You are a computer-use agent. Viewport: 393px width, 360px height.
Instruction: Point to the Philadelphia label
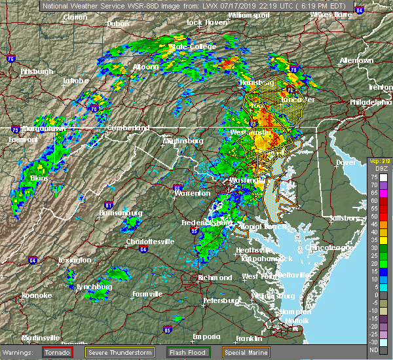(x=370, y=103)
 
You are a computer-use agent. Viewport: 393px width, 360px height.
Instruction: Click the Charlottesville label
(x=149, y=242)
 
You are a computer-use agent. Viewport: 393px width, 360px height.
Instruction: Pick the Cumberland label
(x=126, y=128)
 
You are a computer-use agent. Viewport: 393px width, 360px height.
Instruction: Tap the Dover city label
(x=345, y=162)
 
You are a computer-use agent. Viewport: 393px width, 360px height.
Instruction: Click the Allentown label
(x=357, y=61)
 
